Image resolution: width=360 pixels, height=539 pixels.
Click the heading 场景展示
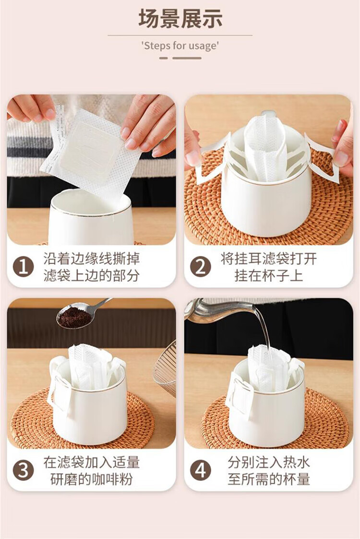click(x=180, y=19)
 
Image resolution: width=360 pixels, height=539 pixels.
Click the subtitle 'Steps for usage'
click(x=180, y=46)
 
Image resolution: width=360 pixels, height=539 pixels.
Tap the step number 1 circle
click(x=23, y=267)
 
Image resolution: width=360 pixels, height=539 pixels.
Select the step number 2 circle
click(x=201, y=267)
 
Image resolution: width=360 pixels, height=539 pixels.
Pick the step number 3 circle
click(x=23, y=470)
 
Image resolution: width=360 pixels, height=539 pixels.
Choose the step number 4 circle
click(x=201, y=470)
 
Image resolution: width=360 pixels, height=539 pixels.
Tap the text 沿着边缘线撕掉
click(x=92, y=259)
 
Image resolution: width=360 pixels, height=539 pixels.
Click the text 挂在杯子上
click(x=269, y=275)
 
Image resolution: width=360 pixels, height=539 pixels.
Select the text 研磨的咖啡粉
click(x=92, y=479)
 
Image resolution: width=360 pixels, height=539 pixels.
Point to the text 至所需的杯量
click(x=269, y=479)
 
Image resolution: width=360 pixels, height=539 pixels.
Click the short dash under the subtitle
click(x=163, y=58)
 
